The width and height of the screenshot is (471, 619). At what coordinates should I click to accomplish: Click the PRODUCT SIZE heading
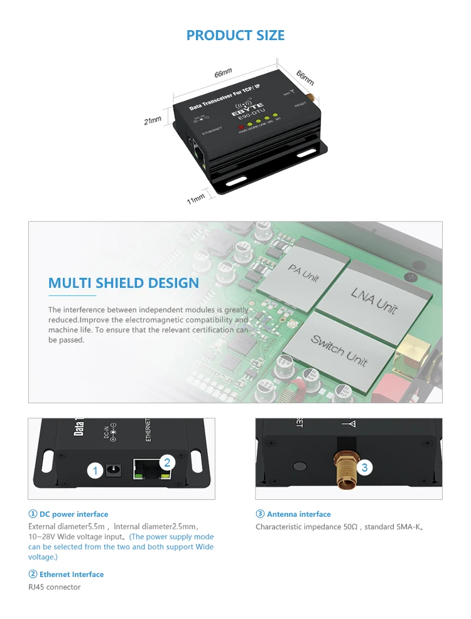pyautogui.click(x=235, y=35)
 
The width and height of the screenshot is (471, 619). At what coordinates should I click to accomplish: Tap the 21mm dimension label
pyautogui.click(x=153, y=120)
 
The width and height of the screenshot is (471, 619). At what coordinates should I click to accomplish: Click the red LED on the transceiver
pyautogui.click(x=241, y=128)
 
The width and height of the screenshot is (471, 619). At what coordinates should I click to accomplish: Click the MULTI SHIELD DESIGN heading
pyautogui.click(x=124, y=283)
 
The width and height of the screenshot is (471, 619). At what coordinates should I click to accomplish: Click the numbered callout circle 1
pyautogui.click(x=95, y=470)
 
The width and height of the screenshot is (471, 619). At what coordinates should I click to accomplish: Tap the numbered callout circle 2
pyautogui.click(x=166, y=463)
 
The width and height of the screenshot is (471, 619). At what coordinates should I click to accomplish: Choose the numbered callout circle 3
pyautogui.click(x=364, y=467)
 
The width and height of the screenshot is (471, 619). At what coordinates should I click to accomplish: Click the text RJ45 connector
pyautogui.click(x=55, y=587)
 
